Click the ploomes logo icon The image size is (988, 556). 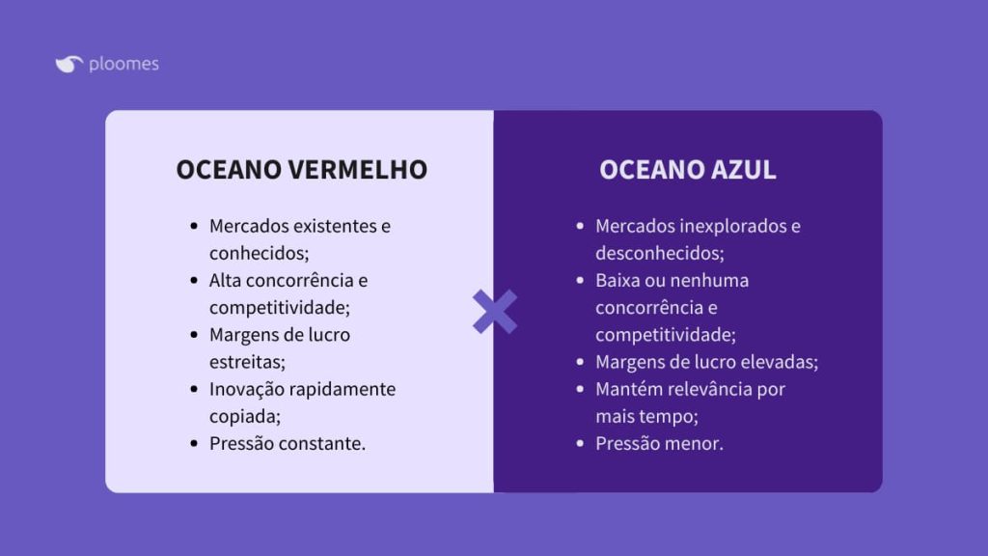(x=69, y=65)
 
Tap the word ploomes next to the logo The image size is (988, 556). (x=123, y=65)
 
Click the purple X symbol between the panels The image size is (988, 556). (x=494, y=312)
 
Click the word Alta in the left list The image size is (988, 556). (x=227, y=281)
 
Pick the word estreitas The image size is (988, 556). (x=247, y=362)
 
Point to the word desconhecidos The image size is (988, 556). (x=659, y=253)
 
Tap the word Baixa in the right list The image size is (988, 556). (x=618, y=281)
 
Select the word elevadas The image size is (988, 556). (x=780, y=362)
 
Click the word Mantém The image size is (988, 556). (x=628, y=389)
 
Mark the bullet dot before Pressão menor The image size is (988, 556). (x=580, y=444)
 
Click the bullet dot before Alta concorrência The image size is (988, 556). (x=194, y=281)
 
